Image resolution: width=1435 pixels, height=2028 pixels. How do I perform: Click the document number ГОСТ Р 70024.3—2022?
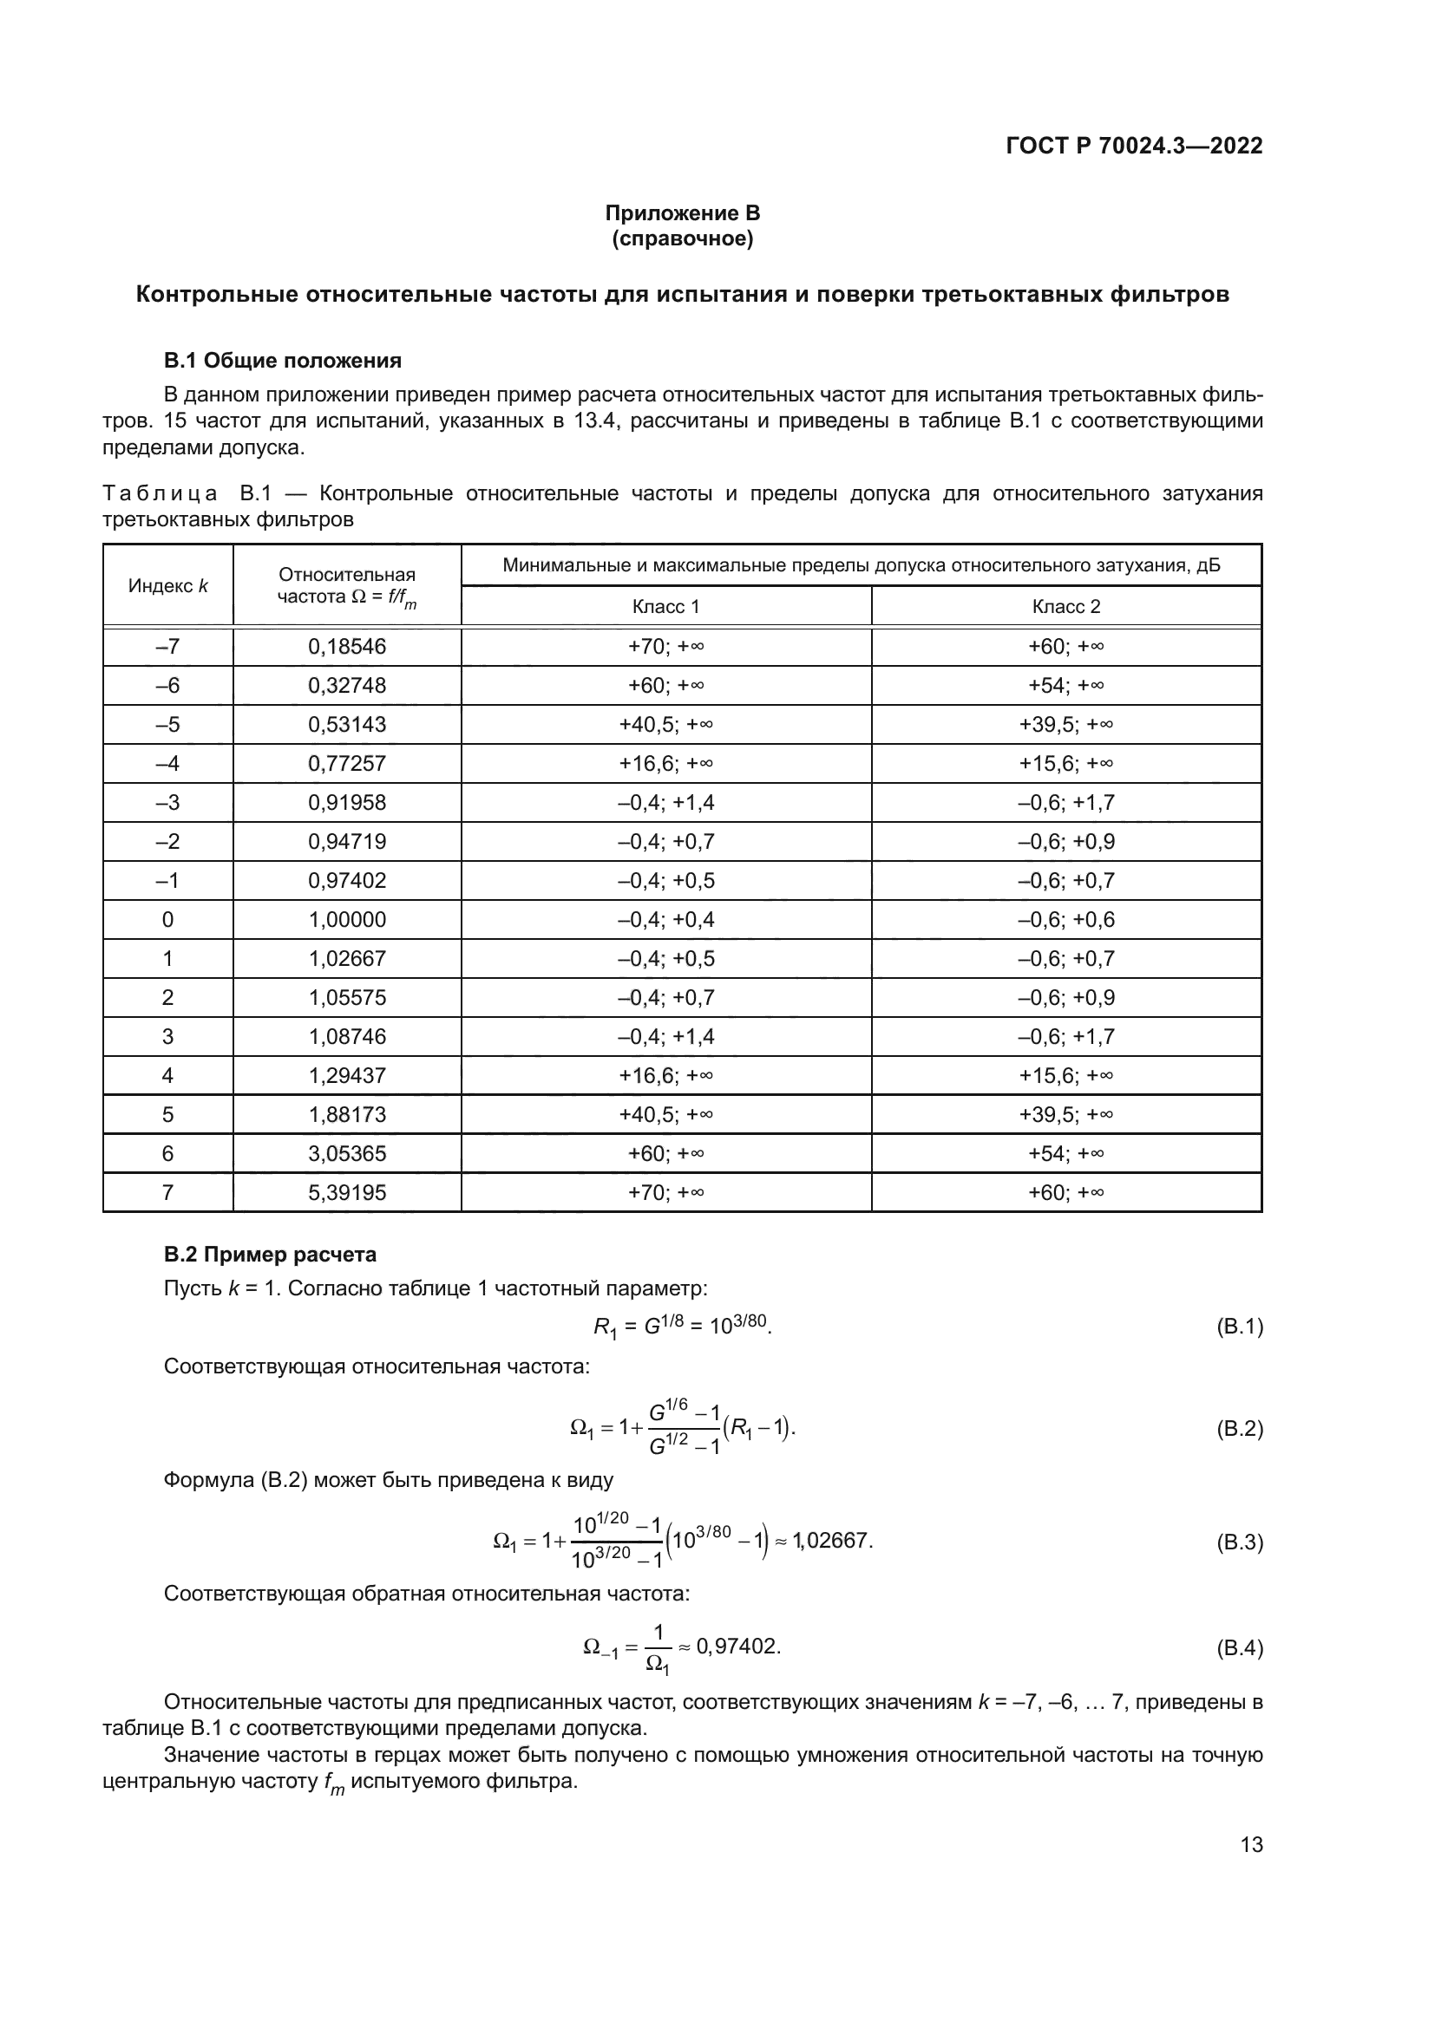pyautogui.click(x=1134, y=146)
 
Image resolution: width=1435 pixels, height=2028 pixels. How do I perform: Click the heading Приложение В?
pyautogui.click(x=682, y=213)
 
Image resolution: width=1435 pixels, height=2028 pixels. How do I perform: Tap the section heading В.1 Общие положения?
pyautogui.click(x=283, y=361)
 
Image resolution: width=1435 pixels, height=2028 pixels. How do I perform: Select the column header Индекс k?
pyautogui.click(x=168, y=585)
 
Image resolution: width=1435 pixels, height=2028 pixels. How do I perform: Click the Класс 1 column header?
pyautogui.click(x=665, y=606)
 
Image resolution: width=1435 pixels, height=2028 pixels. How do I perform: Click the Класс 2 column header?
pyautogui.click(x=1065, y=606)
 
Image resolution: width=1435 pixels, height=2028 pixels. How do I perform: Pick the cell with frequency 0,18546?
pyautogui.click(x=346, y=647)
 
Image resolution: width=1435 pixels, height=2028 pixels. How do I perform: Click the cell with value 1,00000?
pyautogui.click(x=346, y=919)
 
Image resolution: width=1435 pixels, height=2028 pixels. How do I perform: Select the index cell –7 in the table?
pyautogui.click(x=168, y=647)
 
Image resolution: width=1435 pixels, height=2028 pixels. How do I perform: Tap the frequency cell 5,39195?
pyautogui.click(x=346, y=1192)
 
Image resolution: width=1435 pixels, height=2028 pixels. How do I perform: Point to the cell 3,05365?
pyautogui.click(x=346, y=1153)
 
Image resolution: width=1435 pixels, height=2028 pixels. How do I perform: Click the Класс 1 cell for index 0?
pyautogui.click(x=665, y=919)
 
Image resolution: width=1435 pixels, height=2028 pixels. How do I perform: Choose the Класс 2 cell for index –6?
pyautogui.click(x=1065, y=686)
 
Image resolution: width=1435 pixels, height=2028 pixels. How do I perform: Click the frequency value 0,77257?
pyautogui.click(x=346, y=763)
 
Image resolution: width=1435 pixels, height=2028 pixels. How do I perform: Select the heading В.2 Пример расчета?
pyautogui.click(x=271, y=1255)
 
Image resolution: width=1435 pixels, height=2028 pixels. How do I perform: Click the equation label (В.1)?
pyautogui.click(x=1239, y=1326)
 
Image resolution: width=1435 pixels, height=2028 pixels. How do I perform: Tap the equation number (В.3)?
pyautogui.click(x=1239, y=1542)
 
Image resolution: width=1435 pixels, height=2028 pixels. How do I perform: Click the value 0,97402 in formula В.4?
pyautogui.click(x=736, y=1647)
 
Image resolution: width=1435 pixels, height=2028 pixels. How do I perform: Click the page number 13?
pyautogui.click(x=1251, y=1844)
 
